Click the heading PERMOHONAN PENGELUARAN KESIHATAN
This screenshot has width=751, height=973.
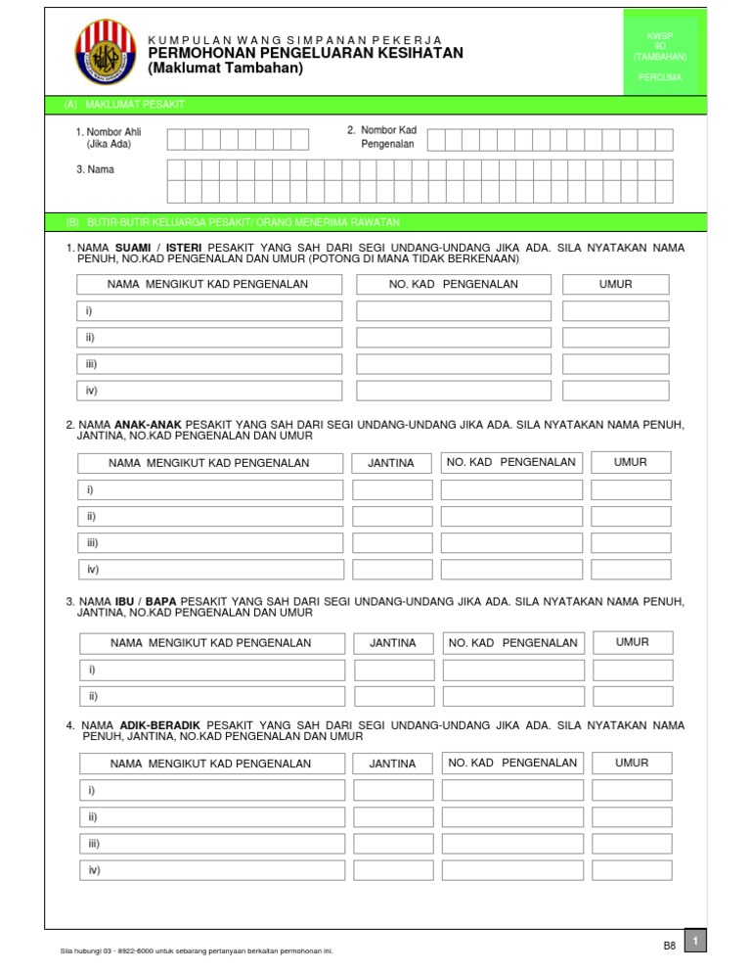pos(305,53)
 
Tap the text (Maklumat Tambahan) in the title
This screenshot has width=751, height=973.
pos(226,69)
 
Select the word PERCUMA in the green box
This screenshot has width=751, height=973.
pos(660,76)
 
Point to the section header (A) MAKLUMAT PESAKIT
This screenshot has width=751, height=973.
pos(124,104)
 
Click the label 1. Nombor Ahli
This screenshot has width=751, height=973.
pos(109,132)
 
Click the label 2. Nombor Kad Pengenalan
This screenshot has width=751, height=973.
pos(381,137)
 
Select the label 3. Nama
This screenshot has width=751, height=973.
pos(95,169)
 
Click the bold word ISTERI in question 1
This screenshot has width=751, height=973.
pos(184,248)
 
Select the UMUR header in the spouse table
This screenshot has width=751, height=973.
pos(615,285)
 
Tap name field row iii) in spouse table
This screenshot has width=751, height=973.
pos(210,364)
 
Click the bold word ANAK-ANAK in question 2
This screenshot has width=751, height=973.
pos(149,425)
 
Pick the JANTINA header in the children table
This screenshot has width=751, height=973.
pos(390,463)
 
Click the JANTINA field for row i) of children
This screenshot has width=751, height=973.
pos(391,489)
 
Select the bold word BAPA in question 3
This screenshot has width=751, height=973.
pos(161,601)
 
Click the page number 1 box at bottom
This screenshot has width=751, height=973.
pos(695,941)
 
